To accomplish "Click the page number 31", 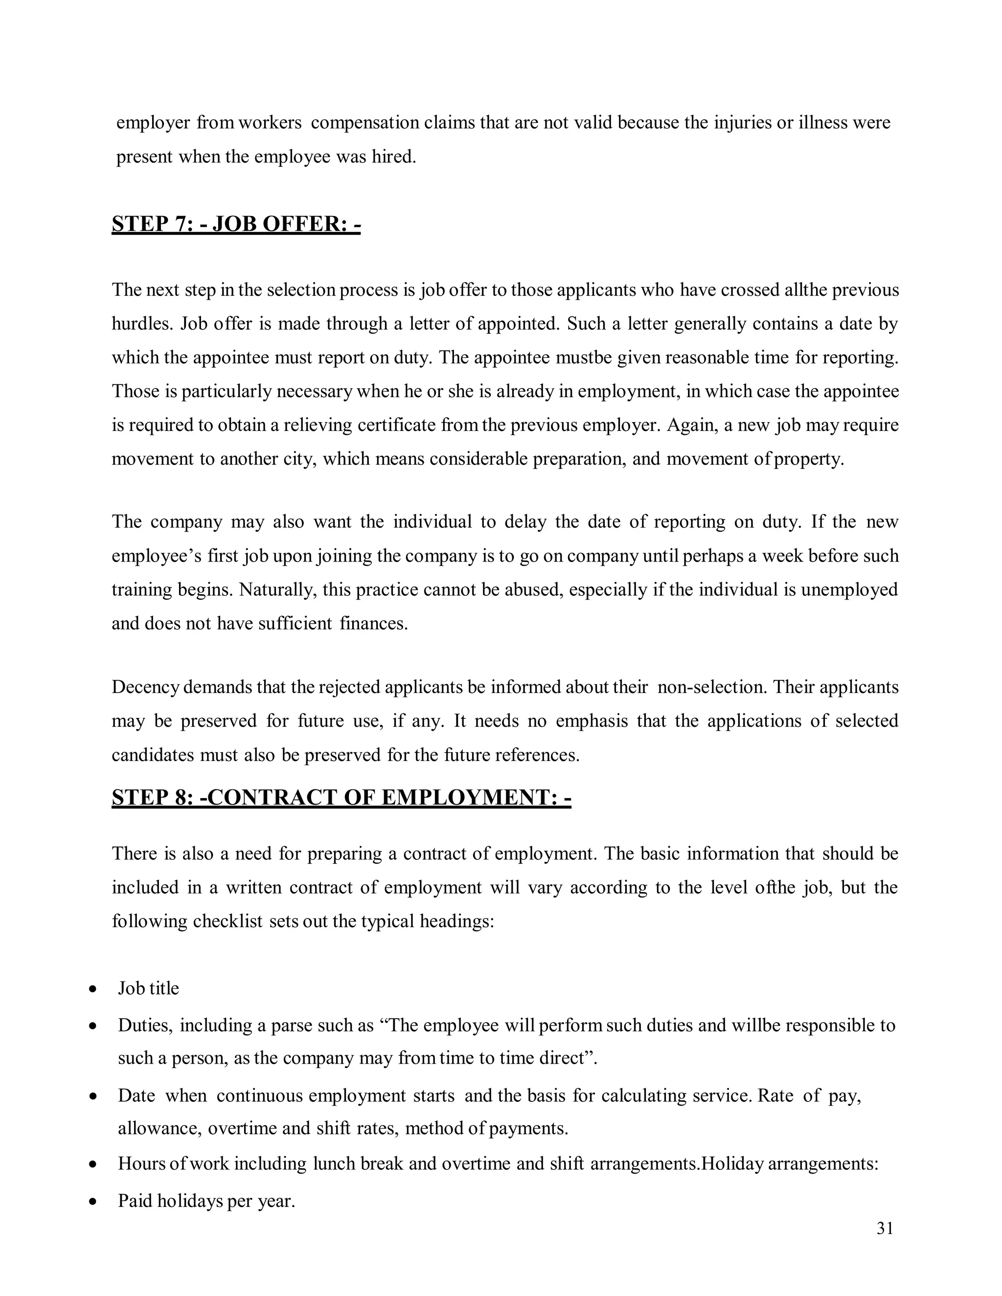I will point(885,1229).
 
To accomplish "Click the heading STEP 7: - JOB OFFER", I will point(236,224).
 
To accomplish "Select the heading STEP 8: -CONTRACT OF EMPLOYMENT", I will point(342,798).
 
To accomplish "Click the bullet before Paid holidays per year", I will point(92,1202).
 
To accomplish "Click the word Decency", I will point(145,687).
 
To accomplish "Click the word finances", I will point(373,624).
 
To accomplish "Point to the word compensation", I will point(364,123).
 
